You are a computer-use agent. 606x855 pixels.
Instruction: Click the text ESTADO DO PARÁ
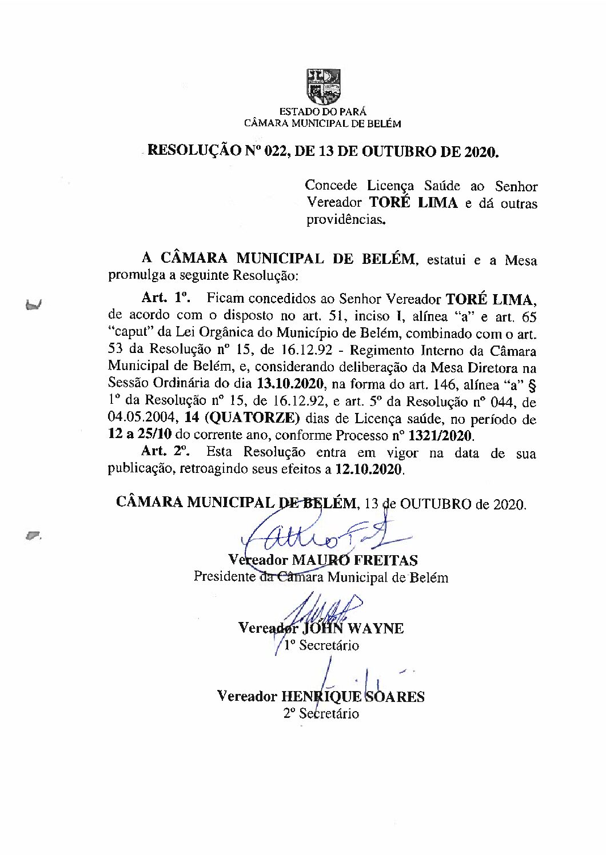point(322,113)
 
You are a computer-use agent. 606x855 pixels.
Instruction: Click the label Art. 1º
point(166,298)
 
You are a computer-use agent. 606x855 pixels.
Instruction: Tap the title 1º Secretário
point(322,645)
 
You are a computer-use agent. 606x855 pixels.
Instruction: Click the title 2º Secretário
point(321,713)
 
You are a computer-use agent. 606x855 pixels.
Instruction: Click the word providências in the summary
point(345,220)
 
